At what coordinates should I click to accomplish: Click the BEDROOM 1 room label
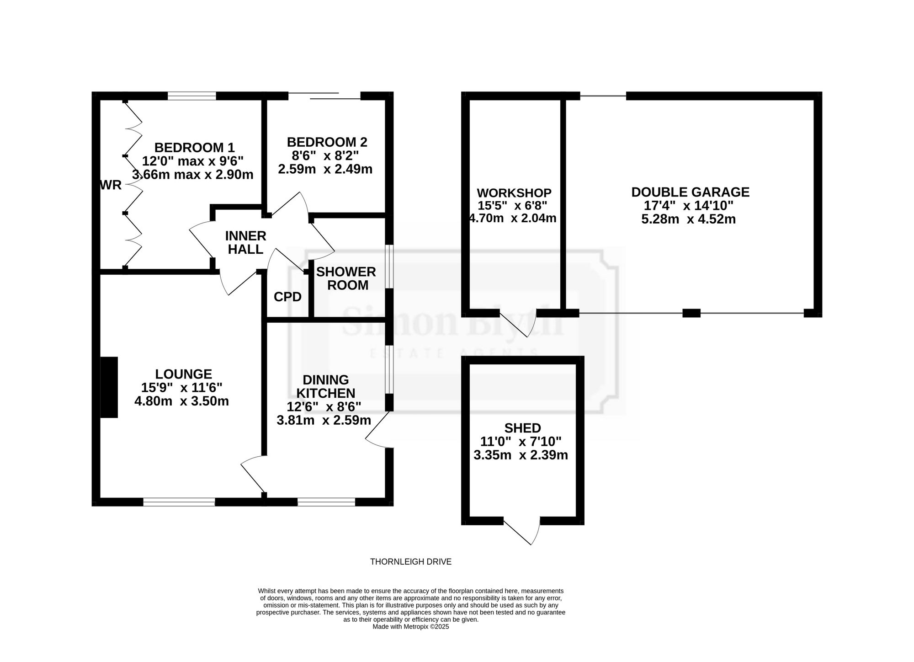(x=195, y=148)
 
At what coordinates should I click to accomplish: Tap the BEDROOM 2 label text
(x=327, y=142)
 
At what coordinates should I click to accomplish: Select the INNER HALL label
(x=246, y=243)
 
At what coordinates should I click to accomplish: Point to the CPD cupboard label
(x=288, y=297)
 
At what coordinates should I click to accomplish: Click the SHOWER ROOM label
(x=346, y=278)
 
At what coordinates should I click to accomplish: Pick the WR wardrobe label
(x=111, y=185)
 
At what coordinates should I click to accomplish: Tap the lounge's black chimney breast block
(x=109, y=387)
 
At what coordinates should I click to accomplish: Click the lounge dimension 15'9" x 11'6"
(x=182, y=388)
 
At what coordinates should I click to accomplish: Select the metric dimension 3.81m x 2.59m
(x=324, y=420)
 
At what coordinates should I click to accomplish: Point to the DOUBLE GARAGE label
(x=691, y=192)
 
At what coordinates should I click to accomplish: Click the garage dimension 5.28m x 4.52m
(x=689, y=219)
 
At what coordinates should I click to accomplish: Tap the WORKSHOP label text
(x=514, y=193)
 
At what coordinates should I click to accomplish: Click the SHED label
(x=523, y=428)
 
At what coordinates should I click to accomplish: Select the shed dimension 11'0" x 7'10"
(x=521, y=442)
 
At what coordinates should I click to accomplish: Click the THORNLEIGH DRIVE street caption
(x=411, y=562)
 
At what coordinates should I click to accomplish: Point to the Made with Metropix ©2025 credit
(x=411, y=627)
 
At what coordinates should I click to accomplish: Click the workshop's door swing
(x=519, y=324)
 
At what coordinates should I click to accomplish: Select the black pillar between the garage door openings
(x=691, y=313)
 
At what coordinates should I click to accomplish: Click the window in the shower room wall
(x=389, y=267)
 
